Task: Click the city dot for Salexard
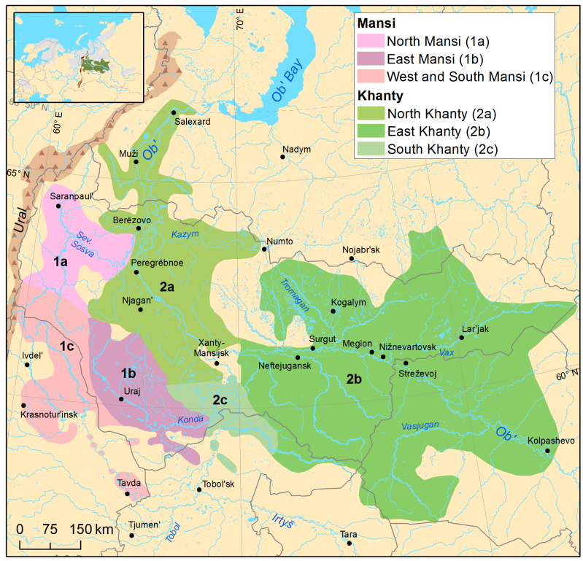point(174,112)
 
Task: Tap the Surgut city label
point(322,339)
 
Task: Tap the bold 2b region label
point(355,379)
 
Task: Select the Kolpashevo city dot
point(548,451)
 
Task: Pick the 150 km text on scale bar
point(90,528)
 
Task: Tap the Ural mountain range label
point(22,219)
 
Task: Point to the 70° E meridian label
point(239,18)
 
